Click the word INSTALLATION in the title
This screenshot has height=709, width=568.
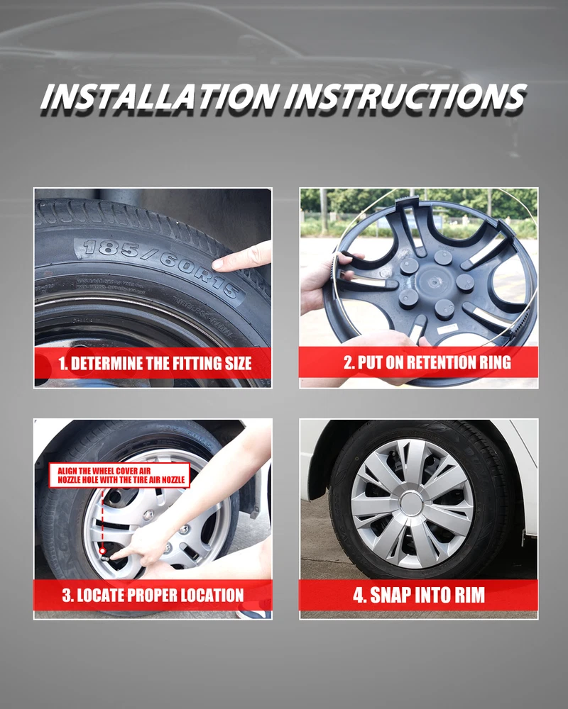[x=160, y=96]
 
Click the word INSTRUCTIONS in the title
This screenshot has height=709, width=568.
[x=405, y=96]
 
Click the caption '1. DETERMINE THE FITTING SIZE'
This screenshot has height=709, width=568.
[x=155, y=363]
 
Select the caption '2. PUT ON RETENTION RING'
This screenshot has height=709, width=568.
[x=427, y=362]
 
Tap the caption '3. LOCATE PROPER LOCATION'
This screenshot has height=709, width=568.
[x=153, y=595]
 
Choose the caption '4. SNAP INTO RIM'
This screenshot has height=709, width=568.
[x=419, y=595]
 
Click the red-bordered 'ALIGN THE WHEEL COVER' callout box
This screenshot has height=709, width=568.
[x=119, y=475]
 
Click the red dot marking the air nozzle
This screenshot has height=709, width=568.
[x=103, y=551]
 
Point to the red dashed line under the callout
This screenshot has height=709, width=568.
[x=103, y=518]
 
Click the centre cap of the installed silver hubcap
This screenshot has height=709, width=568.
[x=412, y=503]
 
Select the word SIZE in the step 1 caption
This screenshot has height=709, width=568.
[x=238, y=363]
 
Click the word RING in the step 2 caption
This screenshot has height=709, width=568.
[x=495, y=362]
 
